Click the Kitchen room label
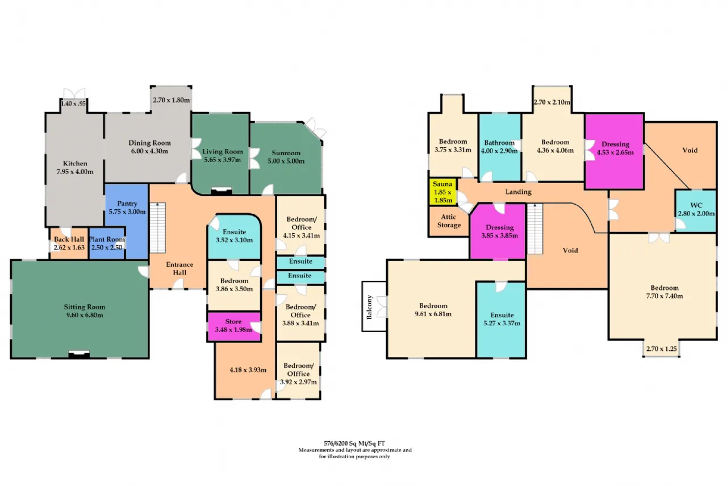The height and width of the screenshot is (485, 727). (75, 164)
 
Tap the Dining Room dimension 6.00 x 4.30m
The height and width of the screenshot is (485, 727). (149, 152)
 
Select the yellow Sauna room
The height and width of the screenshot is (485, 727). (442, 192)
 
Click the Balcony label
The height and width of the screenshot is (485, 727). (370, 307)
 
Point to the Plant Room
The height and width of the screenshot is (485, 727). (107, 243)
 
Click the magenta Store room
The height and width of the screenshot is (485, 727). (233, 326)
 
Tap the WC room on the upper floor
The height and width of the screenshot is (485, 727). (695, 210)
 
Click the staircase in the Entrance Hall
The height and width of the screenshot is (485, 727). (157, 227)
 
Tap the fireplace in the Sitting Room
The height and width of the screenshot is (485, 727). (78, 354)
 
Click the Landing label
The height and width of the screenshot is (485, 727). (518, 192)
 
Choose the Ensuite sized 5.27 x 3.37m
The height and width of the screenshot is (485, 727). (502, 320)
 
